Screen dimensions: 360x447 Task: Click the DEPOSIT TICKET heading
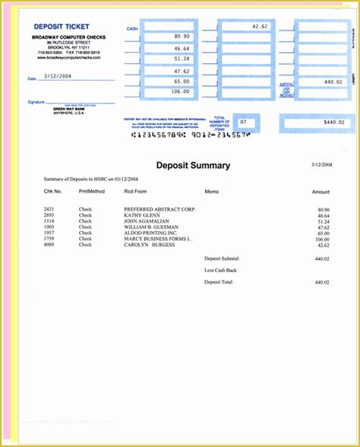[x=60, y=27]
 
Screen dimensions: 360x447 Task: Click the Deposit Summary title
[x=193, y=165]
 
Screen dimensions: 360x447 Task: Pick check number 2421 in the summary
[x=49, y=208]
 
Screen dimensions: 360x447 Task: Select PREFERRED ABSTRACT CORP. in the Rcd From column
[x=159, y=208]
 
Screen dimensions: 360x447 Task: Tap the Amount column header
[x=321, y=192]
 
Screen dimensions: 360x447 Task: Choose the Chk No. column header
[x=52, y=192]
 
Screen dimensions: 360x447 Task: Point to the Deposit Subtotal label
[x=222, y=258]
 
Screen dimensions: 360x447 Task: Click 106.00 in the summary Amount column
[x=322, y=239]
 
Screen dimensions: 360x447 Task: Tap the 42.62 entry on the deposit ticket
[x=261, y=26]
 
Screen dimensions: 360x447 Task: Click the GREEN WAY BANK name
[x=67, y=109]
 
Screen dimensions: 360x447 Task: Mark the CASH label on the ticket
[x=132, y=29]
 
